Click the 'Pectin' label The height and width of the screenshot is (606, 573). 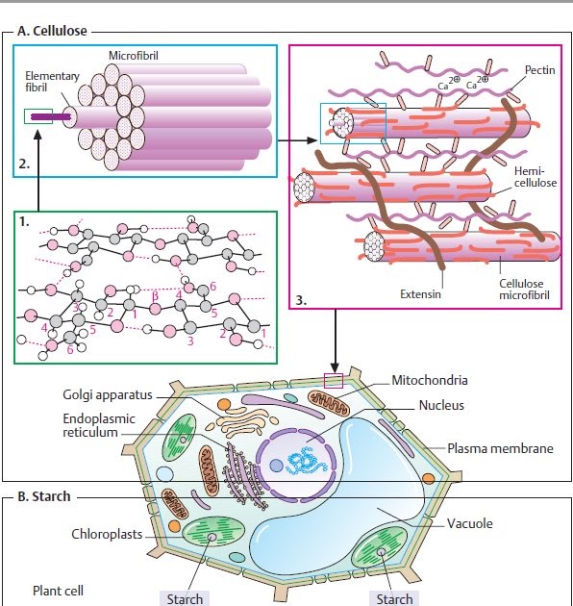539,70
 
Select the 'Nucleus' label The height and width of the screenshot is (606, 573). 441,405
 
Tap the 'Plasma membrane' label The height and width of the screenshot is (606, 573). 497,448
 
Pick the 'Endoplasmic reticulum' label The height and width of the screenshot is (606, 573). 99,426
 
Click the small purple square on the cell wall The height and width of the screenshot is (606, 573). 333,381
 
